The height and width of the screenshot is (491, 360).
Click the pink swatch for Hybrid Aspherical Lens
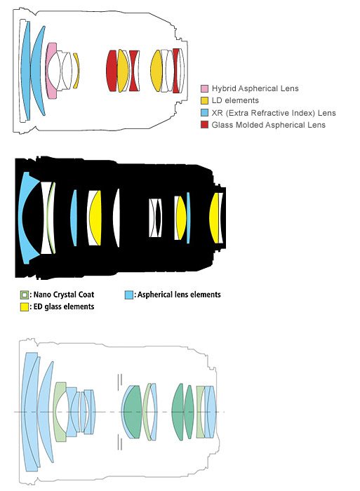204,88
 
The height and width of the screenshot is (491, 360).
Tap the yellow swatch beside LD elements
204,100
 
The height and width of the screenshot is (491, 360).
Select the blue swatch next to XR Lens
204,113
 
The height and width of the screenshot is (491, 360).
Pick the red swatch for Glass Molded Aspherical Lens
204,125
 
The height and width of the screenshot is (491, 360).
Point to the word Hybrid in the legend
223,88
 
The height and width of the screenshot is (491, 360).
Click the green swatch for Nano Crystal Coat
24,295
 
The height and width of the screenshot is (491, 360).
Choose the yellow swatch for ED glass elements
24,307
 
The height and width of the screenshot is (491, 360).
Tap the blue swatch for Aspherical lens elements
129,295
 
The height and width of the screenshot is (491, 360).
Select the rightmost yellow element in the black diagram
214,218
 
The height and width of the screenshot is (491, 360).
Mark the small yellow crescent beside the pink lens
76,71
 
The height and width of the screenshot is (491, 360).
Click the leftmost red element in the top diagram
111,71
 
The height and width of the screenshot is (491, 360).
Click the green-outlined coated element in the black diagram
50,218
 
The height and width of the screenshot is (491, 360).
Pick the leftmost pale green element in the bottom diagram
59,412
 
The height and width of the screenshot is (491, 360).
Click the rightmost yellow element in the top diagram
156,71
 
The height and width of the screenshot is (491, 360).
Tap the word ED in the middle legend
38,307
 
